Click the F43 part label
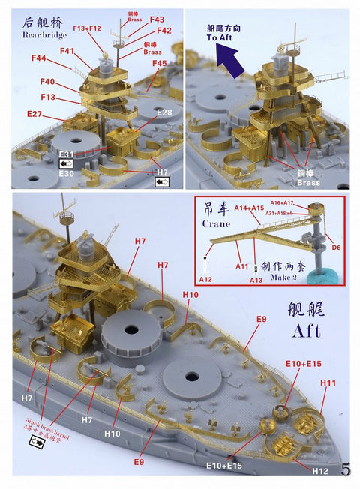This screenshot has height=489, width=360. pos(157,19)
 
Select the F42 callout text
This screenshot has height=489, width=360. pos(164,31)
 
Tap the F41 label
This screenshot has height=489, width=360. pos(67,52)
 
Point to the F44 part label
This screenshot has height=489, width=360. pos(39,58)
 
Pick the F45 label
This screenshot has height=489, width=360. pos(159,64)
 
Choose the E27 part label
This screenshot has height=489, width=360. pos(34,114)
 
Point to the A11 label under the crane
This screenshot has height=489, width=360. pos(241,265)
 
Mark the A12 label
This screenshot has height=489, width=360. pos(205,279)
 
